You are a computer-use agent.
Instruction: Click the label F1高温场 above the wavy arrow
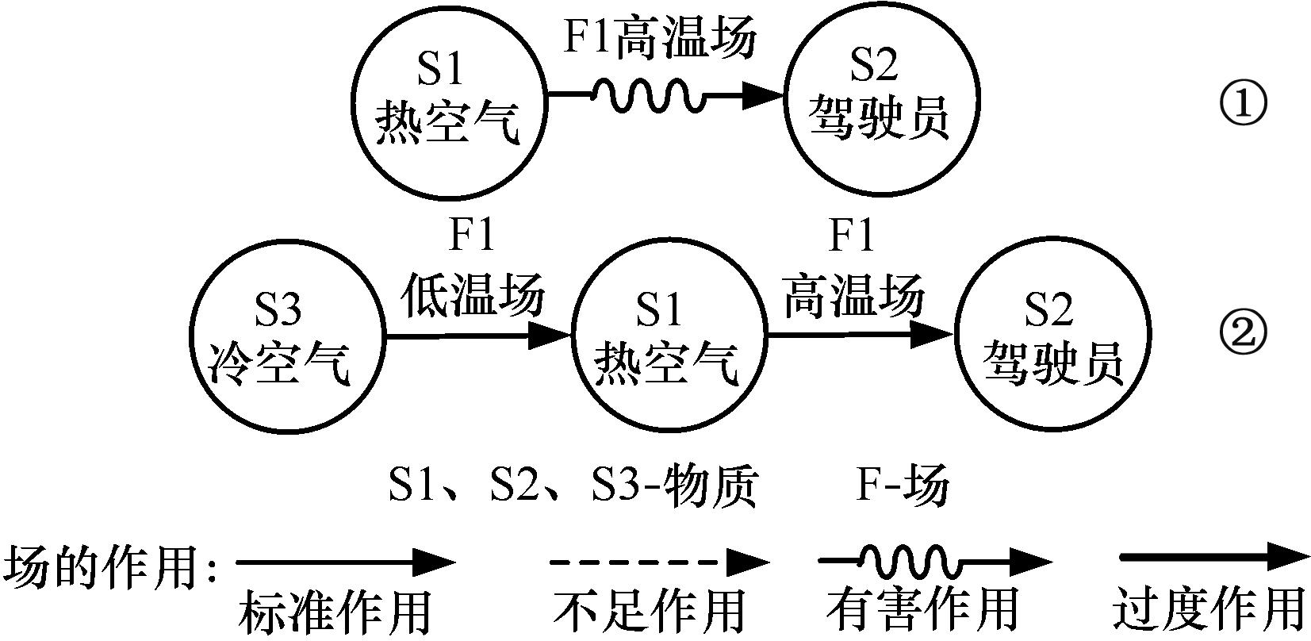660,36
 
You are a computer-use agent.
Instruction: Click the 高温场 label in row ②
854,295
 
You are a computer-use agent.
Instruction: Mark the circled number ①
1243,105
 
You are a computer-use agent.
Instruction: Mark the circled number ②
1243,334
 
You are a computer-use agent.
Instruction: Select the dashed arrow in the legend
659,562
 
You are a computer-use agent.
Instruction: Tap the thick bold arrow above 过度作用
1214,557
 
